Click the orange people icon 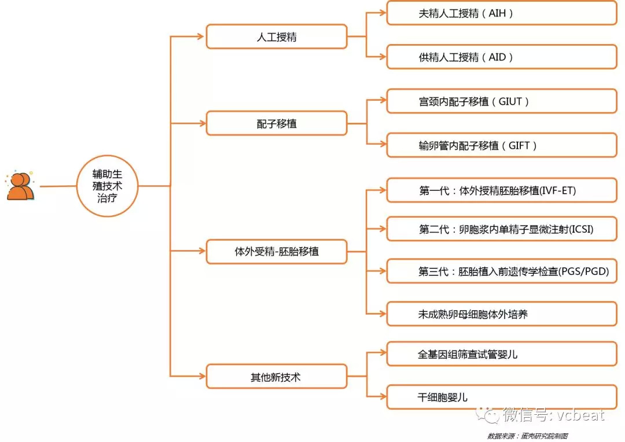point(20,186)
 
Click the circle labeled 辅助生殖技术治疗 point(107,186)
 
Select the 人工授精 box point(277,36)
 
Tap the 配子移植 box point(277,124)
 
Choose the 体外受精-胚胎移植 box point(277,252)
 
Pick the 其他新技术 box point(277,376)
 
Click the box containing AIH point(502,13)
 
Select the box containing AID point(502,57)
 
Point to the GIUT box point(502,101)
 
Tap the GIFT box point(502,145)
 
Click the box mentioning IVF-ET point(502,190)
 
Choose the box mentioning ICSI point(502,229)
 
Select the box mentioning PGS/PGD point(502,271)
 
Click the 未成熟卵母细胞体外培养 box point(502,314)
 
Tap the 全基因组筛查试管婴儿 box point(502,354)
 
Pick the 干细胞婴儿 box point(502,397)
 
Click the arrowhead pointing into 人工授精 point(200,36)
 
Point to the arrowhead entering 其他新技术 point(200,376)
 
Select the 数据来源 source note point(527,436)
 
